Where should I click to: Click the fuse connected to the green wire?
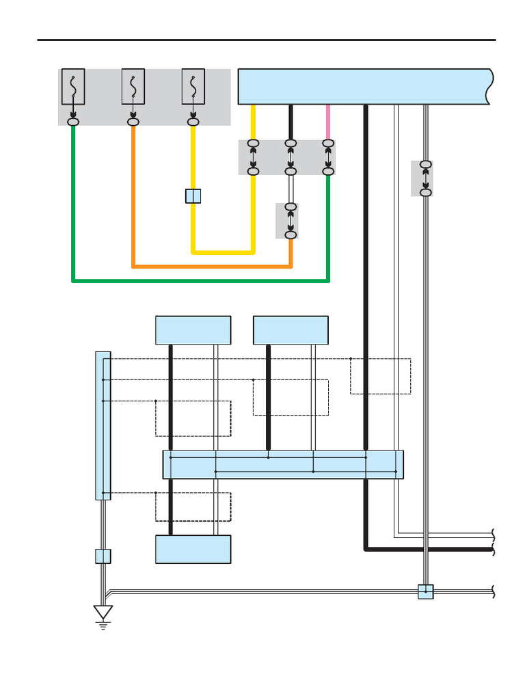[73, 86]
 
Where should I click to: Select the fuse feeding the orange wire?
[133, 86]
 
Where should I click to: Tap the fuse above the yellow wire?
[193, 86]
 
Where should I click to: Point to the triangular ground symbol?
[103, 612]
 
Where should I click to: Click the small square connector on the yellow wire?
[193, 196]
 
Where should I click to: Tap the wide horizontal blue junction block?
[282, 465]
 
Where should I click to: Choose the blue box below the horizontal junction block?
[193, 549]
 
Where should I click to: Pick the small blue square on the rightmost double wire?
[426, 591]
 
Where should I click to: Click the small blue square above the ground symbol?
[103, 556]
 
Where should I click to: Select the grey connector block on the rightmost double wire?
[422, 178]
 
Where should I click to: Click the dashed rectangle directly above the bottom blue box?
[193, 507]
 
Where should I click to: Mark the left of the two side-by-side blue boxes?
[193, 330]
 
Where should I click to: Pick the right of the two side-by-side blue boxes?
[291, 330]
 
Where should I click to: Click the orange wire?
[205, 265]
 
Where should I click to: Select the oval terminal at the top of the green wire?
[73, 122]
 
